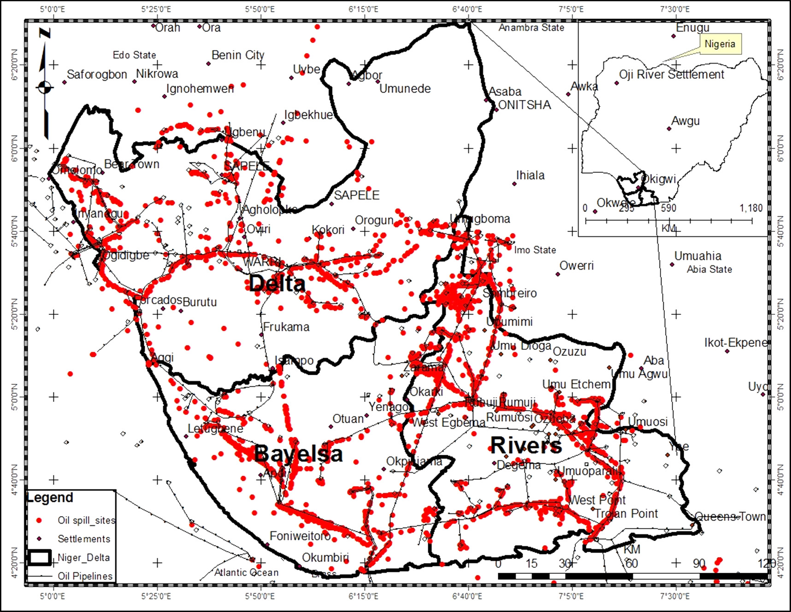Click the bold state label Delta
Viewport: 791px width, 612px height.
point(277,283)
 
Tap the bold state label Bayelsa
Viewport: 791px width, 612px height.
point(298,454)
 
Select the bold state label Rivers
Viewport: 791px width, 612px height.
point(526,446)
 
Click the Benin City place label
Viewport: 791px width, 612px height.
point(238,55)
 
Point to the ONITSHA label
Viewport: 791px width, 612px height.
point(525,105)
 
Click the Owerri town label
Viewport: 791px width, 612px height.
point(576,266)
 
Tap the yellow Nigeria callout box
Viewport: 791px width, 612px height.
point(720,44)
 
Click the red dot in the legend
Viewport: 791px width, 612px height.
point(39,520)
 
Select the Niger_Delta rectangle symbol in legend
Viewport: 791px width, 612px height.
point(39,557)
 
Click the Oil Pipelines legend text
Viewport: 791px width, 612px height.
point(85,576)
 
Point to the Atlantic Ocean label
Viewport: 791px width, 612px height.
point(246,572)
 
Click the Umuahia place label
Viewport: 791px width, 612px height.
point(697,256)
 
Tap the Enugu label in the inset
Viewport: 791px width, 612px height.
point(692,28)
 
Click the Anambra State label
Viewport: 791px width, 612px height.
point(531,28)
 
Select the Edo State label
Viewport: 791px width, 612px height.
point(134,55)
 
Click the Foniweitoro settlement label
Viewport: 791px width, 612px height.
point(300,536)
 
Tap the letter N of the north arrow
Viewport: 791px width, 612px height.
point(45,33)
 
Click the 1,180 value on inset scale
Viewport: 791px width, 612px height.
point(751,208)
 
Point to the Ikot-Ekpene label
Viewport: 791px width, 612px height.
point(735,343)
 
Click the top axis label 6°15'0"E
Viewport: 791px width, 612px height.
point(363,9)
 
